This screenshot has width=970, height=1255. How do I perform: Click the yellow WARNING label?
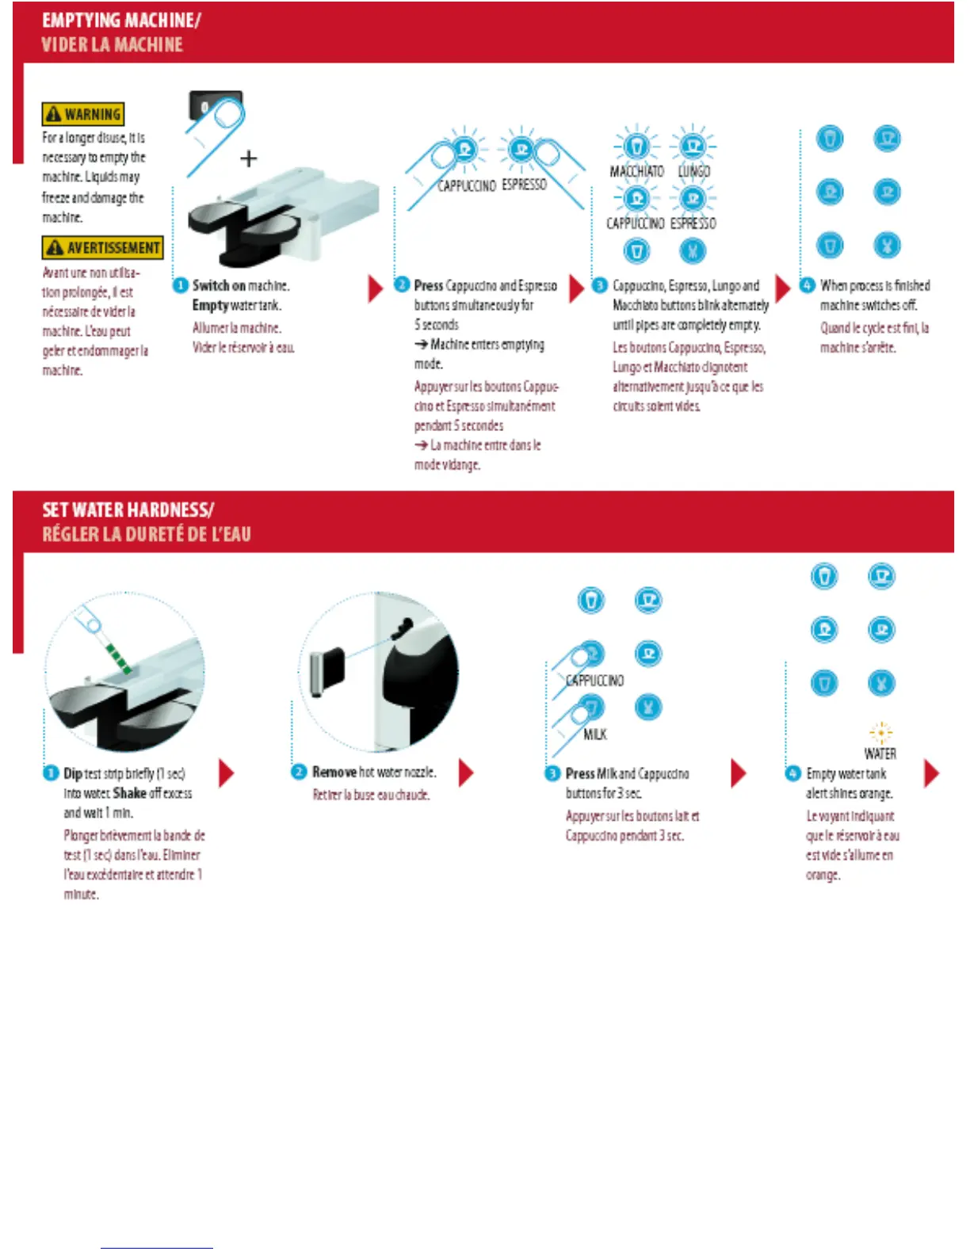click(x=83, y=114)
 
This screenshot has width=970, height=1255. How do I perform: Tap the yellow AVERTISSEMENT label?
click(x=103, y=248)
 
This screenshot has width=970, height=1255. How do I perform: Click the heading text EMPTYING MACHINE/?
click(x=121, y=21)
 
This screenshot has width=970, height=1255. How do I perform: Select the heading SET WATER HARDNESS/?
click(x=128, y=510)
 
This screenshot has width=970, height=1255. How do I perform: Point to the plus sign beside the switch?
click(x=249, y=158)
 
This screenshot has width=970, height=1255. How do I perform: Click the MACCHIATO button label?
click(x=636, y=171)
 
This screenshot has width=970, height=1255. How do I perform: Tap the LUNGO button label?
click(x=694, y=171)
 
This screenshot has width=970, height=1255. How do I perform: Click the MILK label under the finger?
click(x=595, y=734)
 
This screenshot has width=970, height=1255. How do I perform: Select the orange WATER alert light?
click(x=880, y=732)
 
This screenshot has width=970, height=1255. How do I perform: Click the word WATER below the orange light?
click(x=880, y=753)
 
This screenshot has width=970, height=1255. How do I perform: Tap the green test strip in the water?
click(x=118, y=657)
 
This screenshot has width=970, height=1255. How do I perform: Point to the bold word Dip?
click(x=73, y=773)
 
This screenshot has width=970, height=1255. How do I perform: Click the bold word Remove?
click(x=334, y=772)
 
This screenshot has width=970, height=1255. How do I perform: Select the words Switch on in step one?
click(x=219, y=286)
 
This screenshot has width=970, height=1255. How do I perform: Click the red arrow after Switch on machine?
click(x=375, y=288)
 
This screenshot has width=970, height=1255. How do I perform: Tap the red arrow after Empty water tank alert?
click(x=931, y=773)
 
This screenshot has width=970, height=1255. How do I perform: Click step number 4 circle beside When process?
click(x=808, y=285)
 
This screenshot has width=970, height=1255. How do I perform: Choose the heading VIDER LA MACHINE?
click(x=112, y=45)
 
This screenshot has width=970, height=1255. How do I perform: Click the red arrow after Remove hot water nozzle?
click(x=466, y=772)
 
